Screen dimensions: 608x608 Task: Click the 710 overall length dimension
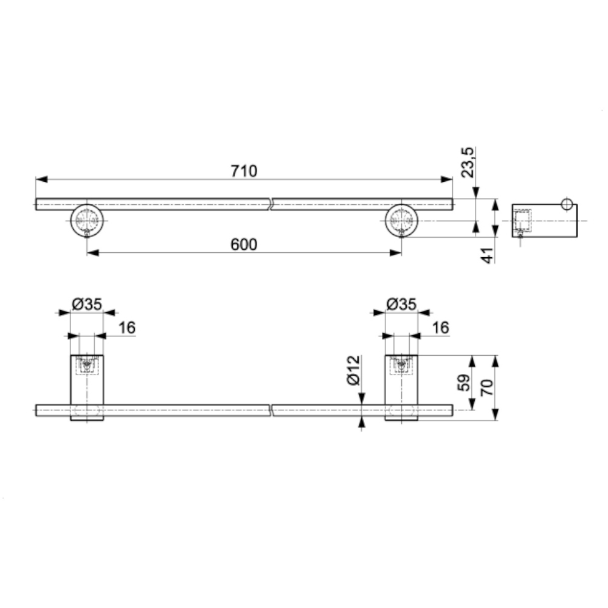244,171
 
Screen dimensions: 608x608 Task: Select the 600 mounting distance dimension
244,244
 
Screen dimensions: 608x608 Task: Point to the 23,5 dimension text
468,162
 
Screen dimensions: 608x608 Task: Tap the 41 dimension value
489,255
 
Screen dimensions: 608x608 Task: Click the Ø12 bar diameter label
354,370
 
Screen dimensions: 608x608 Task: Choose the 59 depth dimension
465,382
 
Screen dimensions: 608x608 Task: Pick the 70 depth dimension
488,387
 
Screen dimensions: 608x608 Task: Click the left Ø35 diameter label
87,305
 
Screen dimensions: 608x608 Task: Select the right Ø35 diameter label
401,305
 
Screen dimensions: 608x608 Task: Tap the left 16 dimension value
127,328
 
